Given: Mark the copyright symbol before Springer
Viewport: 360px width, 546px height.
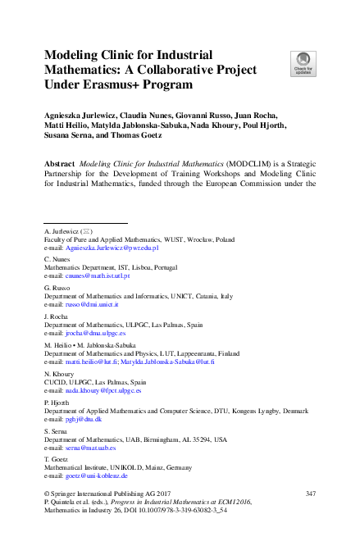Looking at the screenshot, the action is click(x=46, y=492).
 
